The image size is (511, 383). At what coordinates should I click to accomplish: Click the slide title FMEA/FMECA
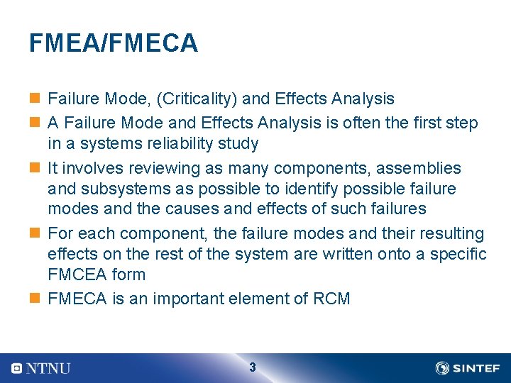pyautogui.click(x=114, y=44)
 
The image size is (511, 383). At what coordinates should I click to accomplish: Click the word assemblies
pyautogui.click(x=418, y=169)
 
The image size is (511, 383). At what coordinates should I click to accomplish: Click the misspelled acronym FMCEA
pyautogui.click(x=77, y=274)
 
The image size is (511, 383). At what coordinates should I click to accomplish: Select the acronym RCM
pyautogui.click(x=331, y=299)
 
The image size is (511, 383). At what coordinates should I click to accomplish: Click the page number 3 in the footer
pyautogui.click(x=253, y=367)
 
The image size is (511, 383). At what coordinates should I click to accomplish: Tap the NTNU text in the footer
pyautogui.click(x=48, y=368)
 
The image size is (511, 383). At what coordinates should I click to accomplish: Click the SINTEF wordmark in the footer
pyautogui.click(x=476, y=368)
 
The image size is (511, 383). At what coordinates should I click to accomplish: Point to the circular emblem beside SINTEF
pyautogui.click(x=442, y=368)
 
